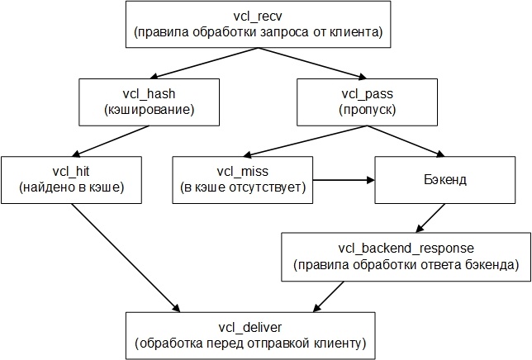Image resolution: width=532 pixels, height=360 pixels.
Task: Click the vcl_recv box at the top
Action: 258,25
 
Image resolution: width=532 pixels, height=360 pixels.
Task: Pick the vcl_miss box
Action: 243,178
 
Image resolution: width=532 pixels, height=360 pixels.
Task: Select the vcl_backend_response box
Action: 406,256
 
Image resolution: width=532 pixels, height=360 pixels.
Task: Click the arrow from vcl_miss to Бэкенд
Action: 344,178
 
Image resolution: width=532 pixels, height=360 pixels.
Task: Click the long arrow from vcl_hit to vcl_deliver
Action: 124,257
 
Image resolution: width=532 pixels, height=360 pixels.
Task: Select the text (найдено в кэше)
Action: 70,187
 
